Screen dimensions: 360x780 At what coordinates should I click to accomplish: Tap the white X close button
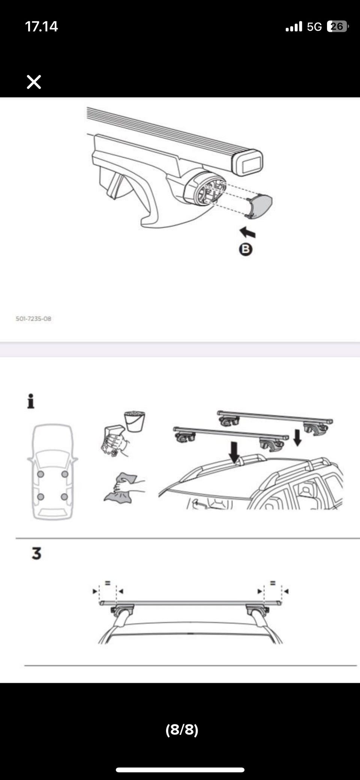(x=34, y=82)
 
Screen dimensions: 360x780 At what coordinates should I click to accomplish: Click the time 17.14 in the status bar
(x=41, y=27)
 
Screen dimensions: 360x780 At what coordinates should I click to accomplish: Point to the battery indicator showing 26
(x=337, y=26)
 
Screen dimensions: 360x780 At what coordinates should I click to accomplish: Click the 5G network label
(x=314, y=27)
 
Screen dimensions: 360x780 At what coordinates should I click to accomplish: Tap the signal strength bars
(x=294, y=27)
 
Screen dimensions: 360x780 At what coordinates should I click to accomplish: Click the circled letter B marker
(x=246, y=249)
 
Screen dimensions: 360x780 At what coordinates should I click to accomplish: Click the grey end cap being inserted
(x=259, y=206)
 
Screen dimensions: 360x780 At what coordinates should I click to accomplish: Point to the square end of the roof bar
(x=247, y=162)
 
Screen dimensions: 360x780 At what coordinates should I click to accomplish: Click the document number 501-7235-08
(x=33, y=319)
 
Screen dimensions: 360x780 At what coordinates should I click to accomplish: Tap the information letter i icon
(x=31, y=401)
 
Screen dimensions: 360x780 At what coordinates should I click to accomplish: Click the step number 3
(x=36, y=553)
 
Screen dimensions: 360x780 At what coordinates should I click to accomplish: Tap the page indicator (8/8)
(x=182, y=729)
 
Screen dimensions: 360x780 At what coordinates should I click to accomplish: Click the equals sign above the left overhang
(x=108, y=583)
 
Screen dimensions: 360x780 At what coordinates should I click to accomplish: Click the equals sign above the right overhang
(x=273, y=583)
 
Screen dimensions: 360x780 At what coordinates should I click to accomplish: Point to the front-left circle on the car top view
(x=40, y=474)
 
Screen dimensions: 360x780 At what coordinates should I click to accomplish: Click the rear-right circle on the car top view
(x=64, y=497)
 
